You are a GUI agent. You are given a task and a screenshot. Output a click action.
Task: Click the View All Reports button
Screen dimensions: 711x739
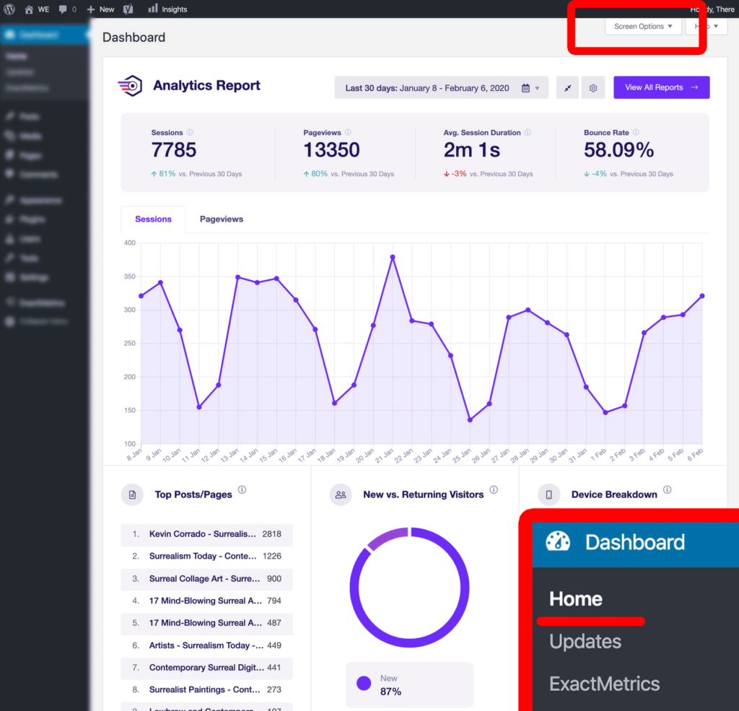coord(661,87)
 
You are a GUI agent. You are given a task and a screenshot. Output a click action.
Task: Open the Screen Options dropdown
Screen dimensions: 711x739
coord(644,27)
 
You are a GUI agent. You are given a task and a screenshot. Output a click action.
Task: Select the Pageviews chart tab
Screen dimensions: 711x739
coord(222,219)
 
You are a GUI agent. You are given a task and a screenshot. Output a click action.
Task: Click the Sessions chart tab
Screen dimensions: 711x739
coord(153,219)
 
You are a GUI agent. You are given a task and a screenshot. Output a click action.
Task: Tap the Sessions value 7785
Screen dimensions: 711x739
coord(174,150)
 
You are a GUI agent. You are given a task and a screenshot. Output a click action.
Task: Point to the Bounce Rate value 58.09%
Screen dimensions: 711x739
coord(618,150)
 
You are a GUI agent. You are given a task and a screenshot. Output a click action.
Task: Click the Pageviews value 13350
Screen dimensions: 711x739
coord(331,150)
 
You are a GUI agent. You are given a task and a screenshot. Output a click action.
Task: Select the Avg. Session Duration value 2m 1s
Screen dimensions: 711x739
coord(472,150)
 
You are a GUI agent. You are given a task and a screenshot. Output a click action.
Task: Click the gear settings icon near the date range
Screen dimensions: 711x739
coord(593,88)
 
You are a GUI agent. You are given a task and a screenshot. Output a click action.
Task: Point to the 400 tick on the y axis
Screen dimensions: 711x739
coord(129,243)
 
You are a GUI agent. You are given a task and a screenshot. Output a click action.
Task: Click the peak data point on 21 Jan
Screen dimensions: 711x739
coord(393,257)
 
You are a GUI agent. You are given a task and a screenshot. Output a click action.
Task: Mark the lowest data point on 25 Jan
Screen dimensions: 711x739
coord(470,419)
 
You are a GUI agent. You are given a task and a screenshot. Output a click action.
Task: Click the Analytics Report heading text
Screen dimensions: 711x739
coord(206,85)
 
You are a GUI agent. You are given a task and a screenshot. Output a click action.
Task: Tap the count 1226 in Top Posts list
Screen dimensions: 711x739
coord(272,557)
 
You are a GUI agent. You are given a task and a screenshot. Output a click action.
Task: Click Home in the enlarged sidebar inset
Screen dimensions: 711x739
coord(576,599)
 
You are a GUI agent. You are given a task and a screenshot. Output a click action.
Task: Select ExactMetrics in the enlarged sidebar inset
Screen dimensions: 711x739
coord(605,684)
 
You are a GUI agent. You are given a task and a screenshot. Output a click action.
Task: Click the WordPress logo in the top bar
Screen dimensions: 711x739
coord(9,9)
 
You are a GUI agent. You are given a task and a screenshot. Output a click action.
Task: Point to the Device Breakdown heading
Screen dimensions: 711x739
coord(614,494)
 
